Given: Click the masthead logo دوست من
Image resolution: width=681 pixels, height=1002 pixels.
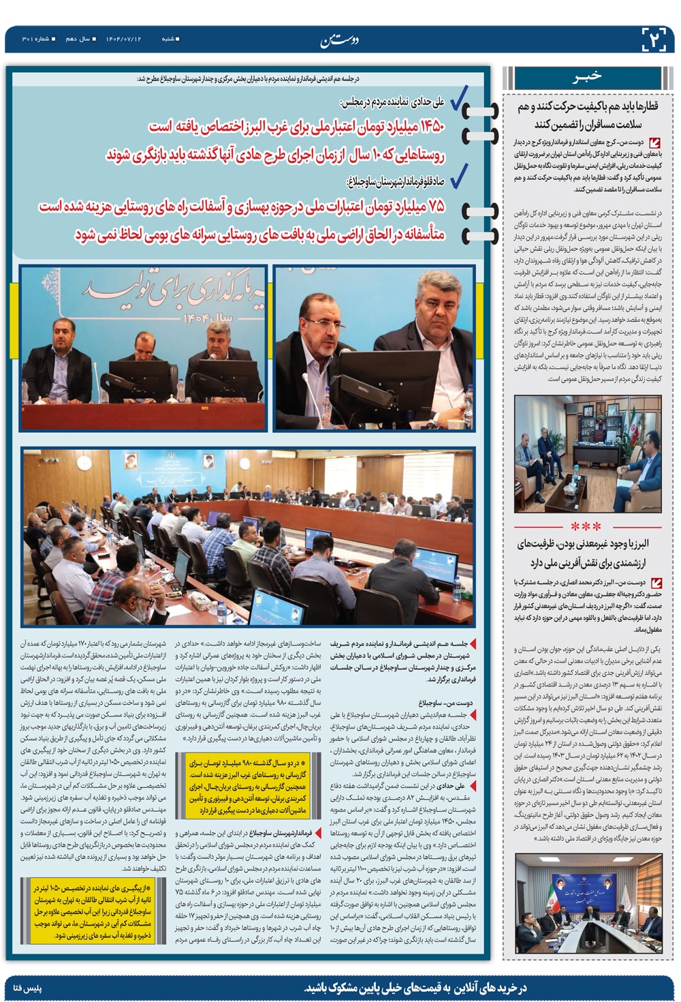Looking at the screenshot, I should tap(340, 40).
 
